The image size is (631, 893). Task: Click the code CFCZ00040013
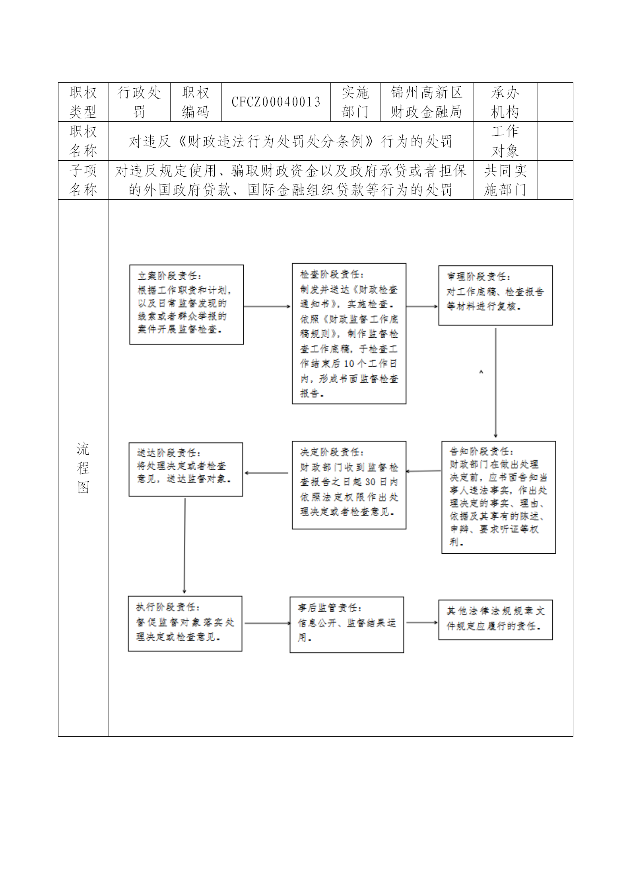[x=276, y=102]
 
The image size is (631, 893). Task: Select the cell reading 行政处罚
[x=139, y=102]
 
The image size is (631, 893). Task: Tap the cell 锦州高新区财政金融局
[x=427, y=102]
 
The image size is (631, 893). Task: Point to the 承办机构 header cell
[x=505, y=102]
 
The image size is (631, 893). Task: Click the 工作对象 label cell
[x=505, y=141]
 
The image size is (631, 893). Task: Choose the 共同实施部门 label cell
[x=505, y=180]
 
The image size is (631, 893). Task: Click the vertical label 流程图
[x=83, y=468]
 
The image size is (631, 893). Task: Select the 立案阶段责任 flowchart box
[x=186, y=304]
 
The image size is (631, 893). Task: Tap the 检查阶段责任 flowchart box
[x=349, y=333]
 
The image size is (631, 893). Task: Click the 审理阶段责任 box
[x=495, y=296]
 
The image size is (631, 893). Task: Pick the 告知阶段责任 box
[x=498, y=497]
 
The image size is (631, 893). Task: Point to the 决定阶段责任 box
[x=349, y=485]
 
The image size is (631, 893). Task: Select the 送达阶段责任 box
[x=186, y=469]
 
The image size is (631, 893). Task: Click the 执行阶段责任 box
[x=185, y=623]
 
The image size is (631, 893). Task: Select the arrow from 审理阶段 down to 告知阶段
[x=495, y=382]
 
